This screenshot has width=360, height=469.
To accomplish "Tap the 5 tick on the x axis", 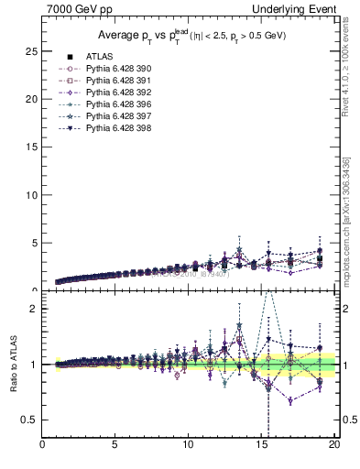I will click(x=115, y=446).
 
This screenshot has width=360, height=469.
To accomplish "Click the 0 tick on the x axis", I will click(x=42, y=446).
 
